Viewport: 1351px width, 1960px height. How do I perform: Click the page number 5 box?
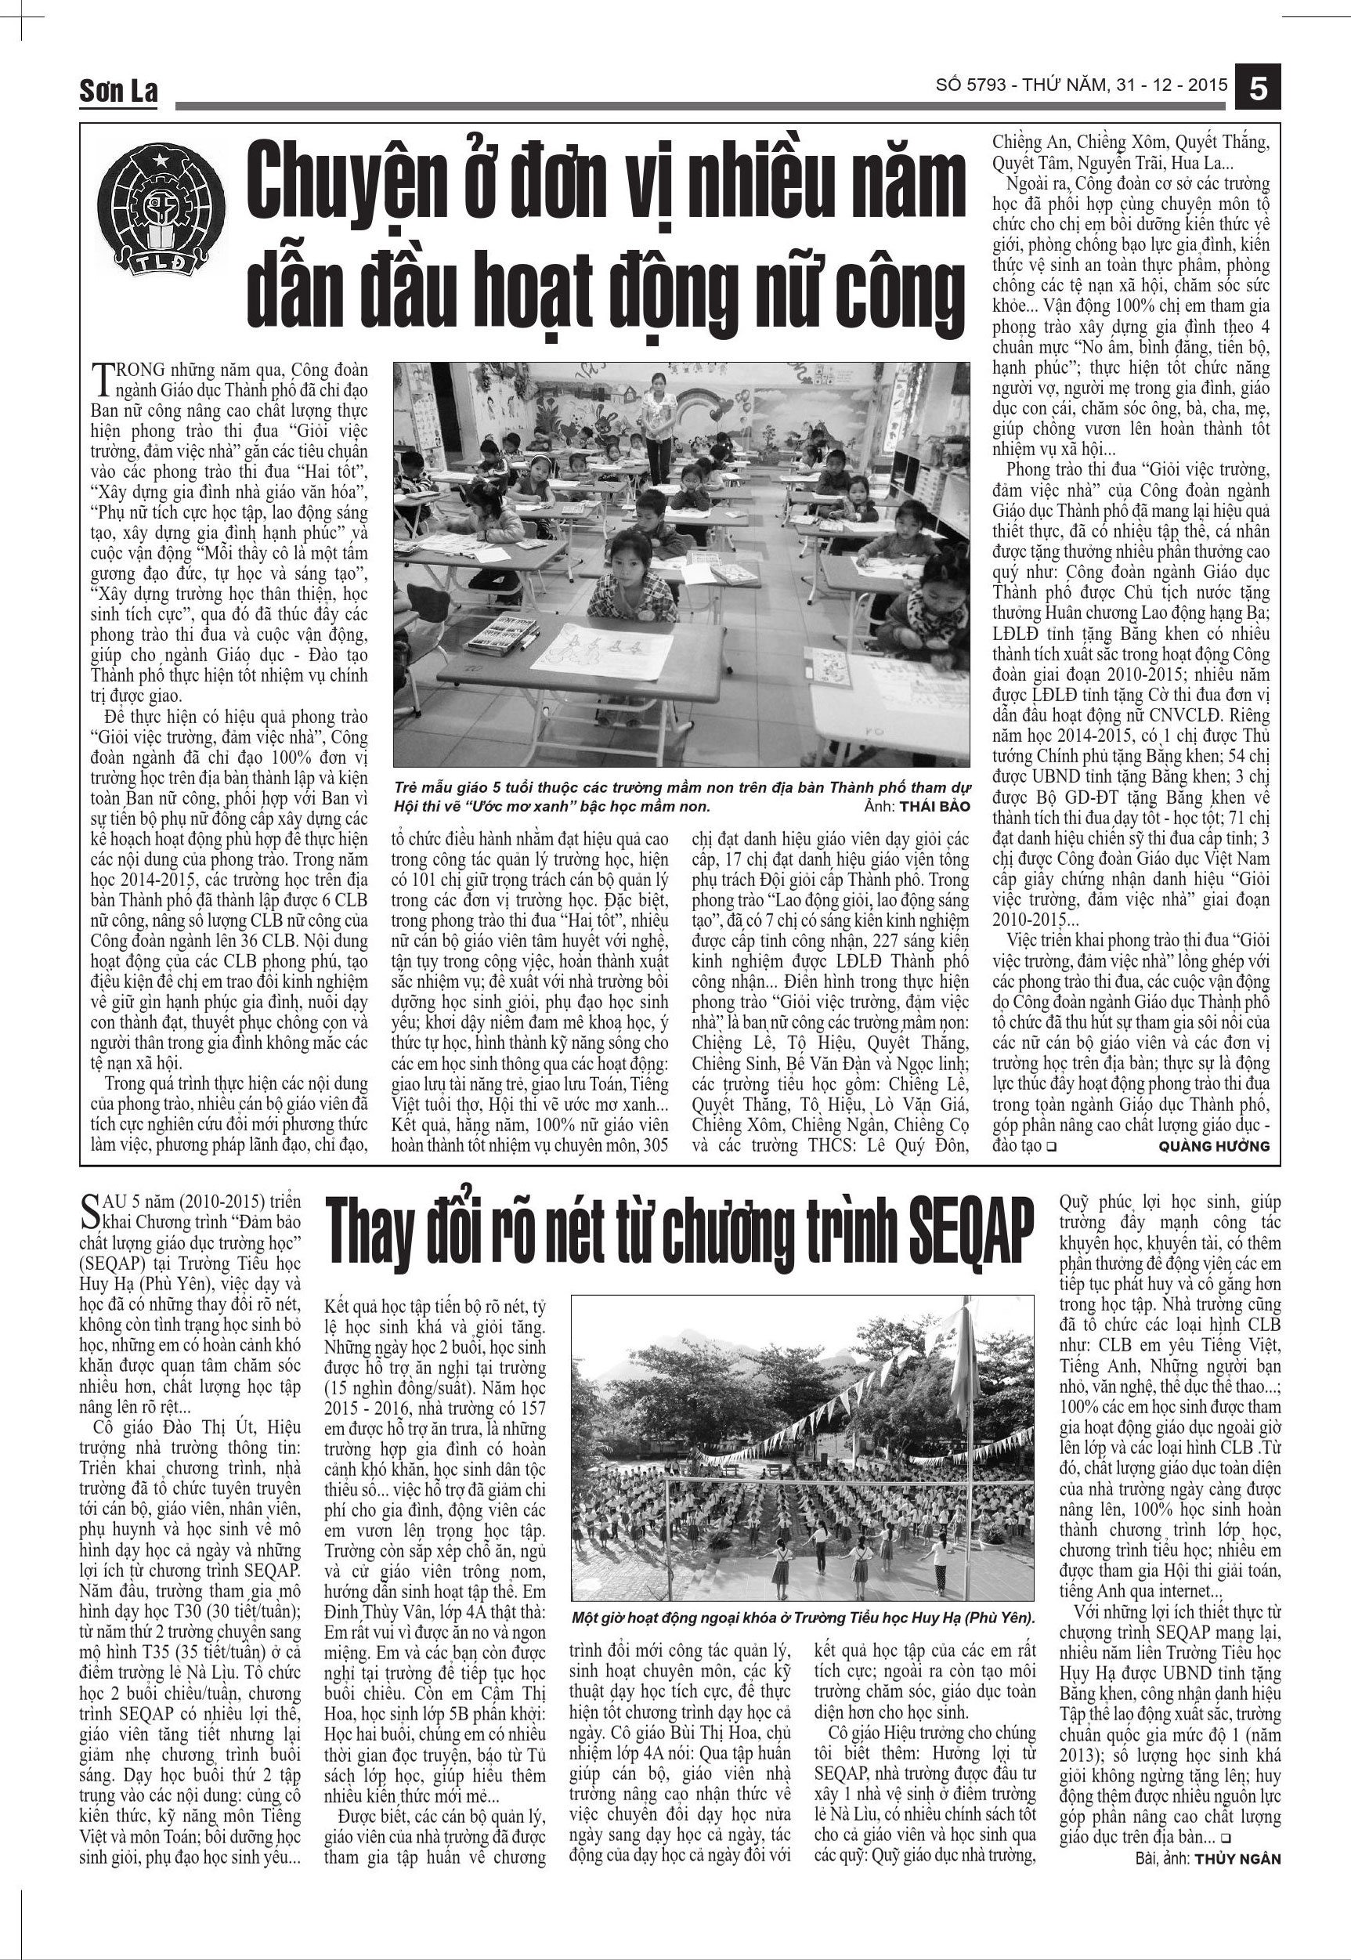1257,87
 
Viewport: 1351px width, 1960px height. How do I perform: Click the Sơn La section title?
118,91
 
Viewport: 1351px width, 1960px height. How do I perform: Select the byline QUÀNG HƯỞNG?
1225,1145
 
